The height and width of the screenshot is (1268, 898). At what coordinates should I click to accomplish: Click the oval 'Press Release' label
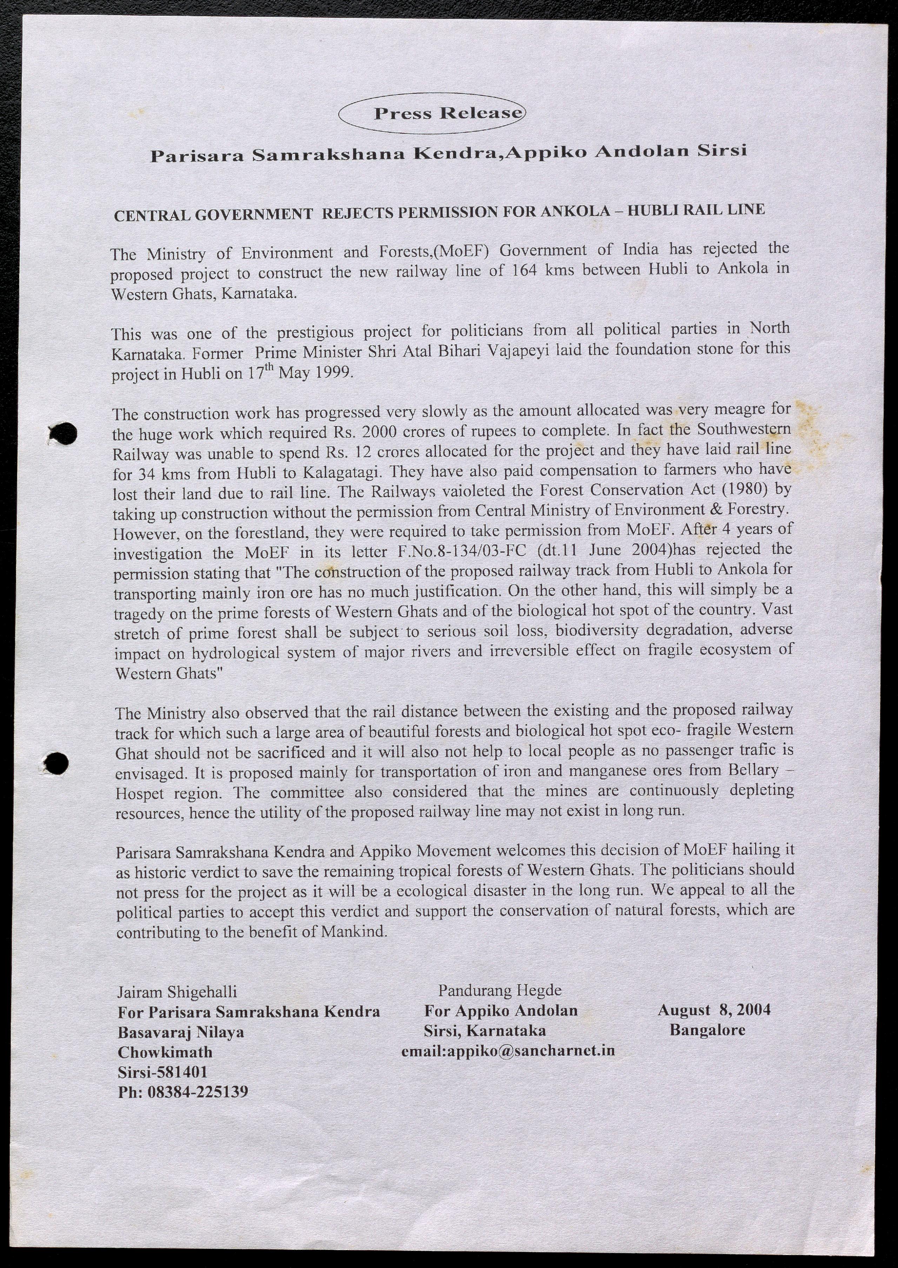point(432,113)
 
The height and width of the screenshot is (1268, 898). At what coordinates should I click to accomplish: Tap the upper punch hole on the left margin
point(64,434)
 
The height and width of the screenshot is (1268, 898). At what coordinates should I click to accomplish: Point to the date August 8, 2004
point(713,1010)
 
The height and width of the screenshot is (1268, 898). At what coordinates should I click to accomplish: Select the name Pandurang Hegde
point(499,990)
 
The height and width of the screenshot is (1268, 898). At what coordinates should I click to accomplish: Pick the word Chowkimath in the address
point(165,1052)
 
